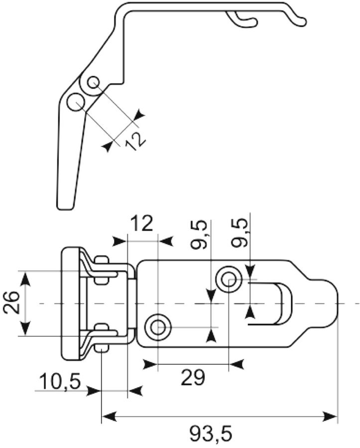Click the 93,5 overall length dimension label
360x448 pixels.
click(211, 434)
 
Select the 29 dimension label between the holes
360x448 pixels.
click(193, 377)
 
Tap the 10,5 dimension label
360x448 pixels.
click(60, 382)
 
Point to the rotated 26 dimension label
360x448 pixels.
click(12, 303)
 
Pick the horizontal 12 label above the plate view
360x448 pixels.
click(142, 224)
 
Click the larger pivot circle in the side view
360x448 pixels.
click(76, 103)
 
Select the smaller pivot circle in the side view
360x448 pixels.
click(93, 83)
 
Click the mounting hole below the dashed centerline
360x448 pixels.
click(157, 327)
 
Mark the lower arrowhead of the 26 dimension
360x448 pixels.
click(25, 328)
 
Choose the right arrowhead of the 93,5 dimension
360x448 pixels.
click(330, 416)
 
